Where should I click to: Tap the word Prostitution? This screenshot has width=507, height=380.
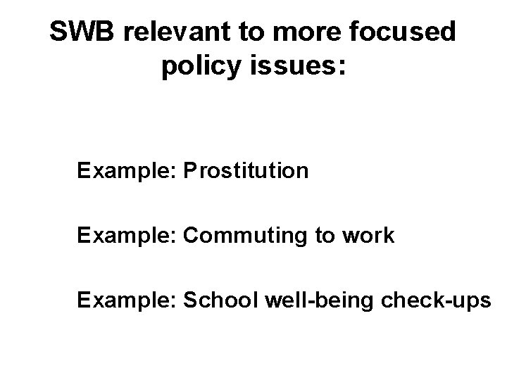point(245,171)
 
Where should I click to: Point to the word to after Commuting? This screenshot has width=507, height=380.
point(326,235)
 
